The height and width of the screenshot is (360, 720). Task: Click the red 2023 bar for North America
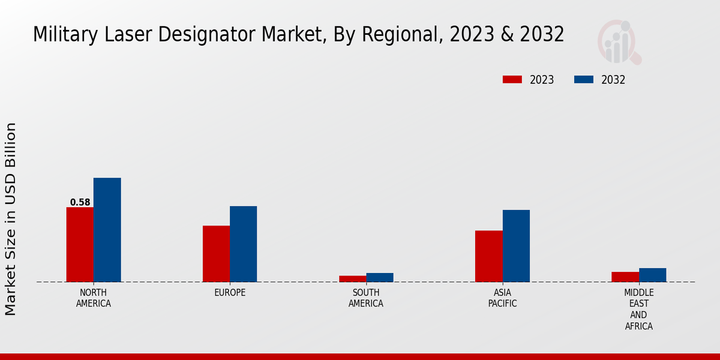point(80,244)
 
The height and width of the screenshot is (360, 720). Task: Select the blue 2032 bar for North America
point(107,230)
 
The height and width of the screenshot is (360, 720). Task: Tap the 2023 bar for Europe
point(216,254)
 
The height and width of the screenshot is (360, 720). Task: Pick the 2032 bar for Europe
point(243,244)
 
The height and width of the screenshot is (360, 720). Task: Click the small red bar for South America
point(352,278)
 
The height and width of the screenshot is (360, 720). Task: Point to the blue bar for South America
point(380,277)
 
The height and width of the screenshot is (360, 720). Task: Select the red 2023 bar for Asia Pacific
point(488,256)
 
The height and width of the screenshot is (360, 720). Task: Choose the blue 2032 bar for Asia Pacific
point(516,245)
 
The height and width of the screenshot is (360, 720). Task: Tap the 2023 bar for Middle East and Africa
point(625,277)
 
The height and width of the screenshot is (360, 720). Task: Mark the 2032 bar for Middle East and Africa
point(652,275)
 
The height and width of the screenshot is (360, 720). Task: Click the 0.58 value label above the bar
point(80,202)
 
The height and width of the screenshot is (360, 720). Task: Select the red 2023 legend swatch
point(512,80)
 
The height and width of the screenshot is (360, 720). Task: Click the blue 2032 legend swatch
point(584,80)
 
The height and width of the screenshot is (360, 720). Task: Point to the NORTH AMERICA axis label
point(94,298)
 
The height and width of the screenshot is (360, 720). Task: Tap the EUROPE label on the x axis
point(230,293)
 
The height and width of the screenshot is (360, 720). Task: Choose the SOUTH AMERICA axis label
point(366,298)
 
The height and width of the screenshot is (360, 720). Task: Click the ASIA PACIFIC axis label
point(502,298)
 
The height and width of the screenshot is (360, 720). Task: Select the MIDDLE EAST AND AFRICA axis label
point(638,310)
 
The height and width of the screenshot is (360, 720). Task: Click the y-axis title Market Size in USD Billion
point(11,219)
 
